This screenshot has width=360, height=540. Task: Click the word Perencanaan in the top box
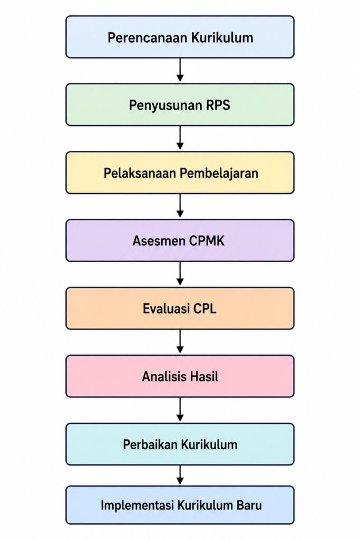point(148,37)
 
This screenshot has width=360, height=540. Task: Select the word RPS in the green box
point(218,105)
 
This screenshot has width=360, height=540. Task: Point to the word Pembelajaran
point(219,173)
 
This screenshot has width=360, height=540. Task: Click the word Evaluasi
point(166,308)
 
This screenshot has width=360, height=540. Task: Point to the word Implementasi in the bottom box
point(138,505)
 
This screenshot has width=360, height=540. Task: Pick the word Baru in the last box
point(249,505)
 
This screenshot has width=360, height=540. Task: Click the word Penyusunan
point(166,105)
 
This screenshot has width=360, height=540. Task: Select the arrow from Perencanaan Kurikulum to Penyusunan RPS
point(180,70)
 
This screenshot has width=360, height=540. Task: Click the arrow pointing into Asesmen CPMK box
point(180,206)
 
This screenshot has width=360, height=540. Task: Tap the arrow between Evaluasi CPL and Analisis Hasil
point(180,341)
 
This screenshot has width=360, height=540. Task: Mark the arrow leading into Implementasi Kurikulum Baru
point(180,475)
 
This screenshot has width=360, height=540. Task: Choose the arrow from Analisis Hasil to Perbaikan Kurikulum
point(180,409)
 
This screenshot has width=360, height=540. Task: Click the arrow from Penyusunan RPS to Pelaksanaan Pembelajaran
point(180,138)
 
